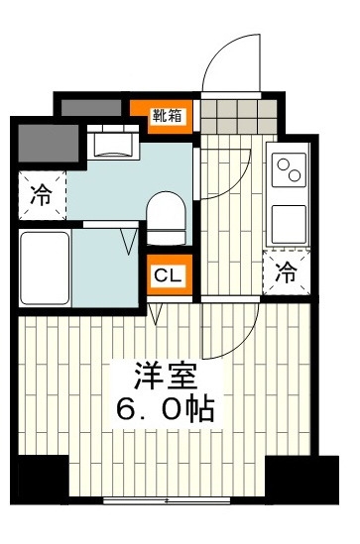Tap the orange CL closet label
click(167, 275)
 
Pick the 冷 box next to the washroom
click(42, 194)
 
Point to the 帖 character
click(202, 408)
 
